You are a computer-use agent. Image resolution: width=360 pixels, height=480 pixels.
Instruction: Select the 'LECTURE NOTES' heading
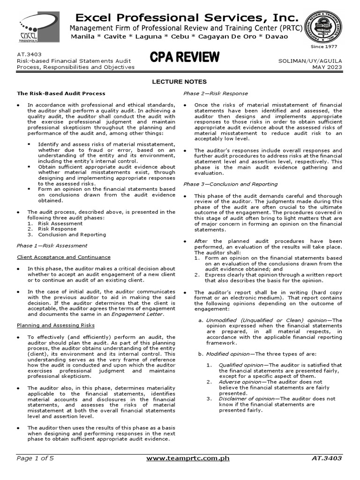click(x=180, y=82)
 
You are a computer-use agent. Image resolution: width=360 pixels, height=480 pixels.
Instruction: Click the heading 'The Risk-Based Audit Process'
click(x=61, y=93)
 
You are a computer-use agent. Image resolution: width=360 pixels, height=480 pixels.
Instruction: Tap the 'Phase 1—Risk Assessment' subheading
click(x=52, y=245)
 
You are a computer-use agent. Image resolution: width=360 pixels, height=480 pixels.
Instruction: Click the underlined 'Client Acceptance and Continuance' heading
click(x=64, y=257)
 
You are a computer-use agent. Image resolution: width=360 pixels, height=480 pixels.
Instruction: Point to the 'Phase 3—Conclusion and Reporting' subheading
click(x=230, y=184)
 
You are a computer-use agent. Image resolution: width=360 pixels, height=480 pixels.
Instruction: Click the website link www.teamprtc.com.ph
click(x=187, y=458)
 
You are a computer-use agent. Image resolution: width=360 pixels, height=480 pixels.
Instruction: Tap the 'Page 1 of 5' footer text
click(x=36, y=458)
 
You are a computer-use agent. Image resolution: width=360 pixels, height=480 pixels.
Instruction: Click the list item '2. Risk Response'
click(x=54, y=229)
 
